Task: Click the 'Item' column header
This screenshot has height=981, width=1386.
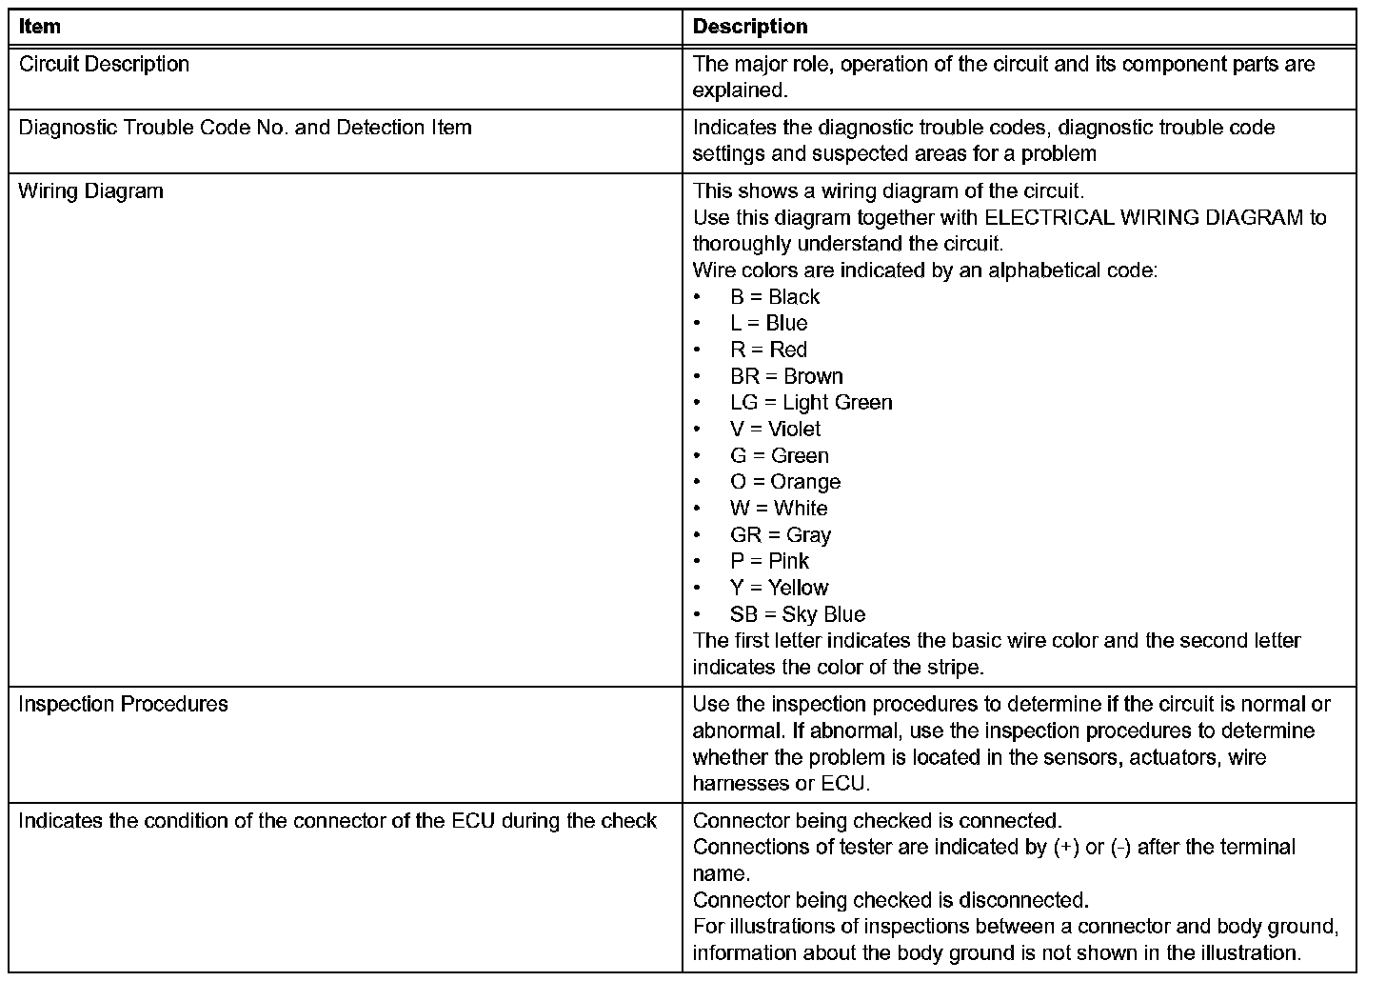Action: tap(40, 27)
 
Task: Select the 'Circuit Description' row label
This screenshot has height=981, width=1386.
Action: tap(105, 64)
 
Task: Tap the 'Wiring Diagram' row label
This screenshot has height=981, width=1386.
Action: tap(91, 190)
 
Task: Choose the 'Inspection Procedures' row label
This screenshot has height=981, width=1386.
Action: tap(124, 704)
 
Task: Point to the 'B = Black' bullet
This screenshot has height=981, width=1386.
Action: tap(775, 296)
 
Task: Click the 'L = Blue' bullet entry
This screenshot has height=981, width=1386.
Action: tap(769, 323)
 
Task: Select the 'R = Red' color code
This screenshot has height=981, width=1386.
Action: tap(769, 350)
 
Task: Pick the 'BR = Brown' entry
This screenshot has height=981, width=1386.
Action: tap(787, 376)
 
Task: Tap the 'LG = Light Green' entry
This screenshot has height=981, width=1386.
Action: tap(812, 402)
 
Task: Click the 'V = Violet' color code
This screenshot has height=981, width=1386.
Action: tap(776, 429)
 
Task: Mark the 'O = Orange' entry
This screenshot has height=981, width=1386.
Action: tap(786, 482)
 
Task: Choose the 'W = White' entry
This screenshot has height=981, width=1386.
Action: tap(780, 508)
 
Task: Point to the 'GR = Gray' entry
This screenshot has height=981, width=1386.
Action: tap(782, 534)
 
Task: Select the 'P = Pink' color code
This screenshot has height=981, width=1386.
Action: tap(770, 561)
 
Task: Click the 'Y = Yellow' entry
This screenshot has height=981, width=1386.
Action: tap(780, 588)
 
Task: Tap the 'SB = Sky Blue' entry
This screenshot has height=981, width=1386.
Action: tap(799, 614)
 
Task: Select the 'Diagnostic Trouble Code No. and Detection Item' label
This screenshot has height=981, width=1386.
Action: tap(246, 128)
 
